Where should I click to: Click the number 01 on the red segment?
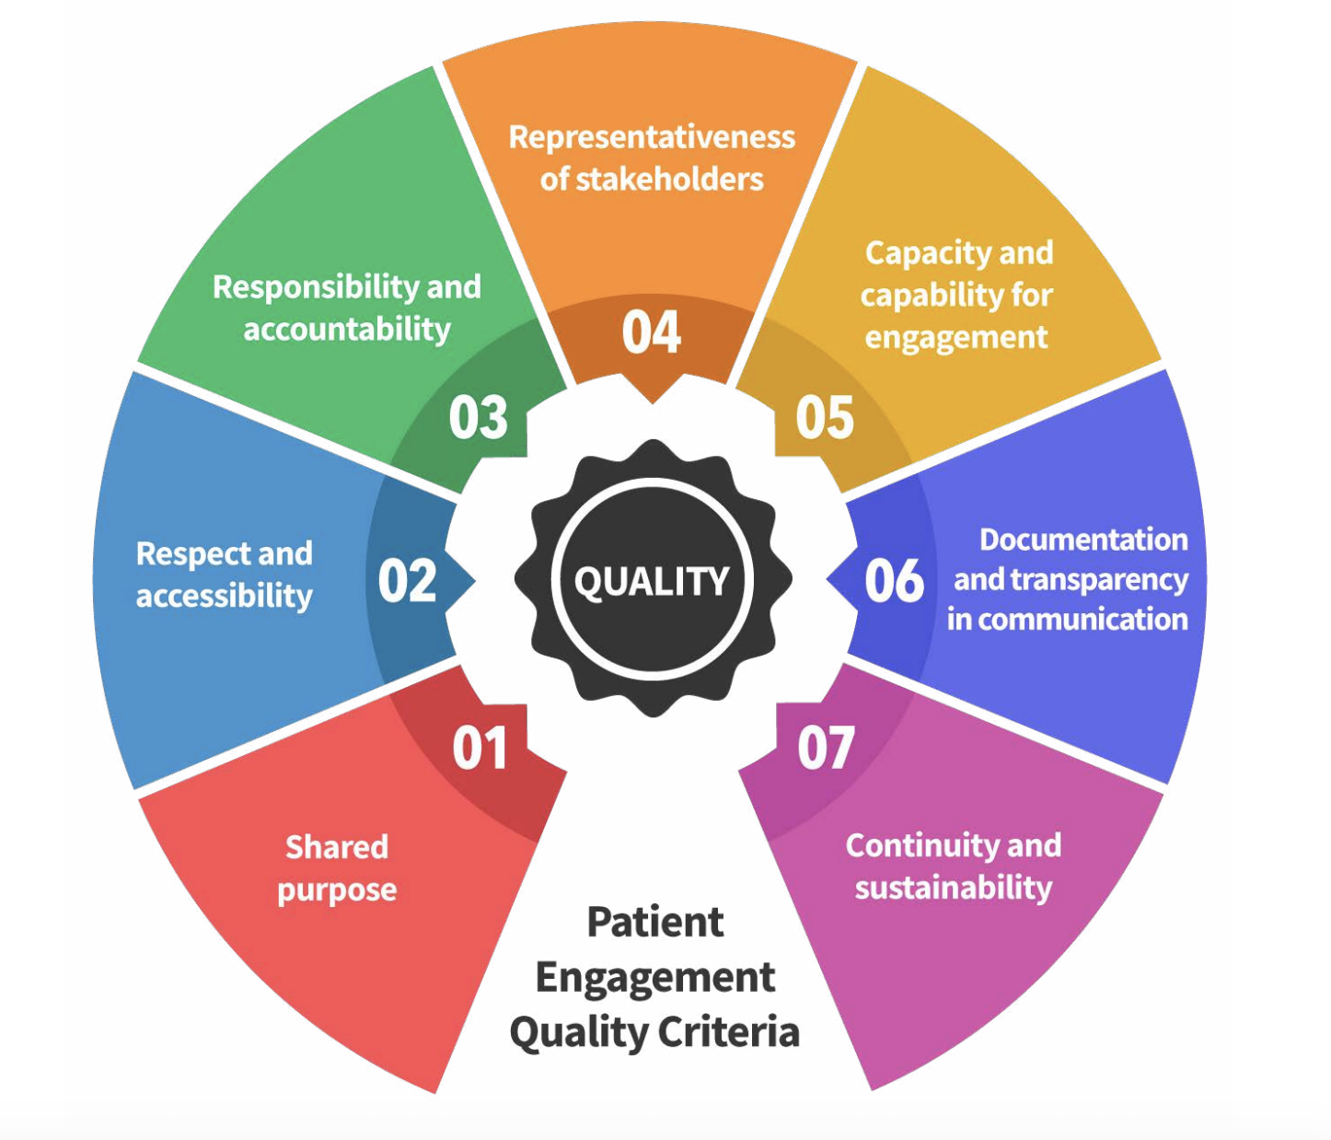tap(480, 748)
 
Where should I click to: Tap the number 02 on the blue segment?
tap(407, 581)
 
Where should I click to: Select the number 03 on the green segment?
tap(478, 417)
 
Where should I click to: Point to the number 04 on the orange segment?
tap(651, 332)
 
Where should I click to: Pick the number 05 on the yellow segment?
tap(825, 418)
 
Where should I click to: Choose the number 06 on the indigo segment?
tap(894, 581)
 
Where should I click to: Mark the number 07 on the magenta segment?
tap(826, 748)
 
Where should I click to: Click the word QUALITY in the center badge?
tap(652, 581)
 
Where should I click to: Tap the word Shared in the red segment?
tap(337, 847)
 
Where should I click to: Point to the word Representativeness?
tap(652, 137)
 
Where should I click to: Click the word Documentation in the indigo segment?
tap(1083, 540)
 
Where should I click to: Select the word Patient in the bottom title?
tap(655, 922)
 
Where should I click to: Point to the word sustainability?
tap(954, 888)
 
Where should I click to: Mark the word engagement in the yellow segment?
tap(956, 338)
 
